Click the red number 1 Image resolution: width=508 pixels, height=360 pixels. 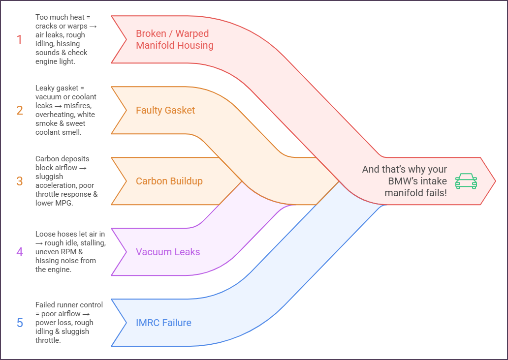pos(20,39)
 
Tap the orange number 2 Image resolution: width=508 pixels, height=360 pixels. pos(20,110)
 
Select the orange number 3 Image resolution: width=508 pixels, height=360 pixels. pos(20,181)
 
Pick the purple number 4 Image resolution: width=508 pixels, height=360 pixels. pos(20,252)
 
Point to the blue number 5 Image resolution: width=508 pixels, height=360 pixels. pos(20,323)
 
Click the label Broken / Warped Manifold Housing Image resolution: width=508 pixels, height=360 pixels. pos(174,39)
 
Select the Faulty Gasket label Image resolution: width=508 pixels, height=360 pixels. pos(165,110)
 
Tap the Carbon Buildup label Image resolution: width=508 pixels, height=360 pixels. pos(169,181)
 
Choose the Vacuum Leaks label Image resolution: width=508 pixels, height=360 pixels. pos(168,252)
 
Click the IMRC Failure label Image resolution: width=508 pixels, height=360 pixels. pos(163,323)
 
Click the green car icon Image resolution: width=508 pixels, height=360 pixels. pos(466,181)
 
